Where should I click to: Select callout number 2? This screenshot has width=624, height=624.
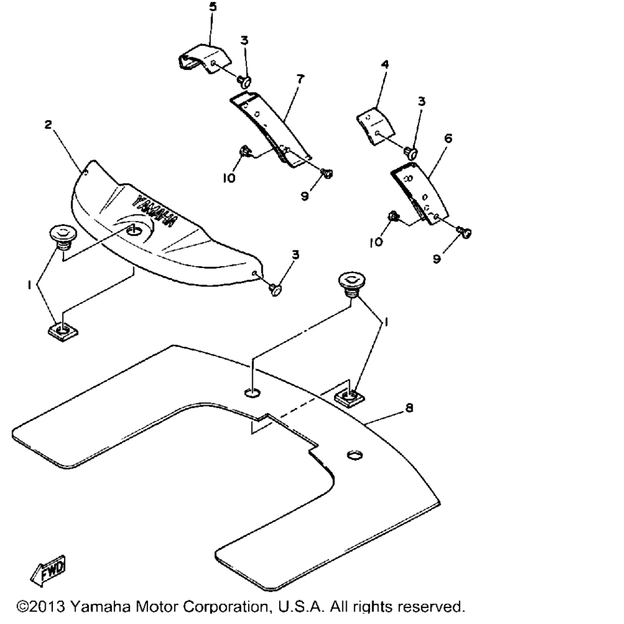point(48,124)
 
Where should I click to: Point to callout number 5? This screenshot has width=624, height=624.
point(213,7)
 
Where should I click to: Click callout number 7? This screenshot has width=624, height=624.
point(300,79)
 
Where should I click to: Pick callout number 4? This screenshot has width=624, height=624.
point(385,64)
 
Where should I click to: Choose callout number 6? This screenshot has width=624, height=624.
point(448,138)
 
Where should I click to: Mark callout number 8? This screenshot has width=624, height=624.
point(409,408)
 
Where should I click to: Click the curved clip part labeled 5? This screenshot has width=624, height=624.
point(204,59)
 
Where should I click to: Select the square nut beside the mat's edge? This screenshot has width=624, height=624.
point(349,397)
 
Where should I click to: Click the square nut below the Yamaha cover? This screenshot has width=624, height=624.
point(63,331)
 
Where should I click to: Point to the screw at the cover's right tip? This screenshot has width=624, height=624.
point(276,289)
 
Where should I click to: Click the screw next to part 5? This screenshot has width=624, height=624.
point(244,81)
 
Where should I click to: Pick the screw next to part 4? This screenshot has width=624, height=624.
point(411,152)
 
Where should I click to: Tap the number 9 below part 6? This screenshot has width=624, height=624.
point(436,259)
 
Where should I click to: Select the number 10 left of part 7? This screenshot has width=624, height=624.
point(229,179)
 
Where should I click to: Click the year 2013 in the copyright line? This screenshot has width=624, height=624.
point(47,607)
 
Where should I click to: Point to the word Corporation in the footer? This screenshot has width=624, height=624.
point(225,607)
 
